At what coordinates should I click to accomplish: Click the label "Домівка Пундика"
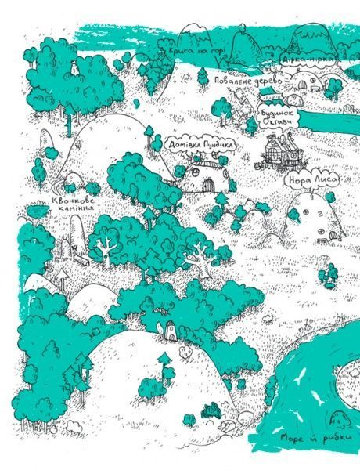point(202,145)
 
